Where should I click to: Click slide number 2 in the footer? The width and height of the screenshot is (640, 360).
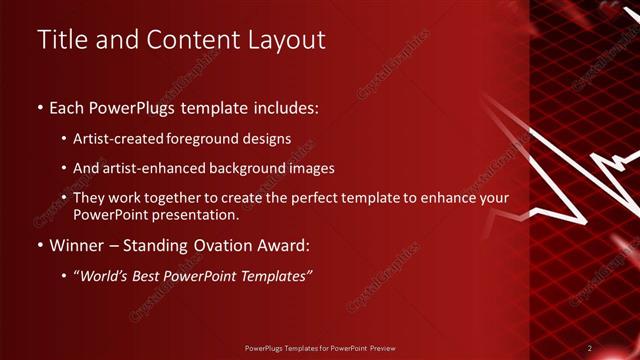coord(589,347)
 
